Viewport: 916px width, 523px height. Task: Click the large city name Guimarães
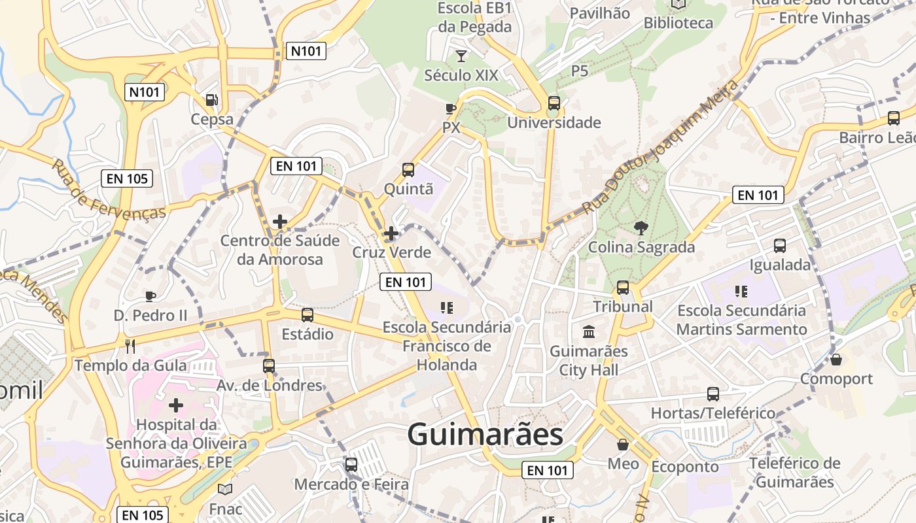[x=485, y=435]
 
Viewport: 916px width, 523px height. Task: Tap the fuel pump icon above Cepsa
[x=212, y=100]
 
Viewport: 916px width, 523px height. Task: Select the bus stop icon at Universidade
[x=554, y=103]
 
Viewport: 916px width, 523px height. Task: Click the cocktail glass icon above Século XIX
[x=461, y=56]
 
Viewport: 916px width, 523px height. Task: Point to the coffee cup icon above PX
[x=450, y=109]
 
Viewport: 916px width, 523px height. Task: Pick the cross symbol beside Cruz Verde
[x=391, y=233]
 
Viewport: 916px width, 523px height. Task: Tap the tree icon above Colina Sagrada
[x=641, y=228]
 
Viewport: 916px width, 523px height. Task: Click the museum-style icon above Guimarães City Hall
[x=589, y=332]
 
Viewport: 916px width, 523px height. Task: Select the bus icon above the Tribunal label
[x=623, y=288]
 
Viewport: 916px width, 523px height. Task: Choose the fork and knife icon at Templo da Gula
[x=130, y=346]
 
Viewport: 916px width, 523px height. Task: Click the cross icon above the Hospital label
[x=176, y=405]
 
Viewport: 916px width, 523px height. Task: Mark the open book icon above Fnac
[x=225, y=489]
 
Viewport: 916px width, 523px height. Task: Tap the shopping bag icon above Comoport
[x=836, y=360]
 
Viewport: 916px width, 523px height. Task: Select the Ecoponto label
[x=685, y=467]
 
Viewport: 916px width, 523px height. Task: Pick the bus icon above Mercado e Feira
[x=351, y=465]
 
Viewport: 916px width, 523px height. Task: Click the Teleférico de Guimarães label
[x=794, y=473]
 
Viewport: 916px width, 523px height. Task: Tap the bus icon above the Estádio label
[x=308, y=315]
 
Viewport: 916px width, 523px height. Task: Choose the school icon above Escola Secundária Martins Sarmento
[x=741, y=291]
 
